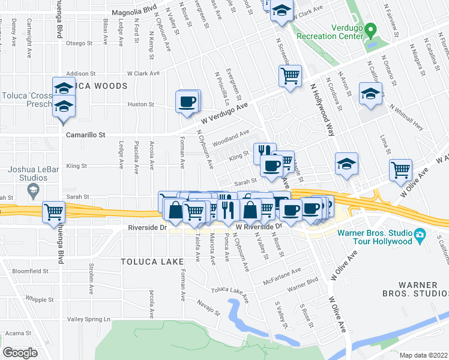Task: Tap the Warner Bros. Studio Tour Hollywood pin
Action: click(x=420, y=234)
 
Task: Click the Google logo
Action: click(x=20, y=352)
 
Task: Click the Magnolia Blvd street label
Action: click(x=136, y=11)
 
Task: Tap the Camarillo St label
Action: click(x=85, y=136)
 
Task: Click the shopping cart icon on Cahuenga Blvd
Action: click(x=54, y=211)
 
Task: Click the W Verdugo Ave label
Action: click(x=224, y=113)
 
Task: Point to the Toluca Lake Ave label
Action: click(x=229, y=292)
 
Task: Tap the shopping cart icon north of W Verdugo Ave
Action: click(x=290, y=76)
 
